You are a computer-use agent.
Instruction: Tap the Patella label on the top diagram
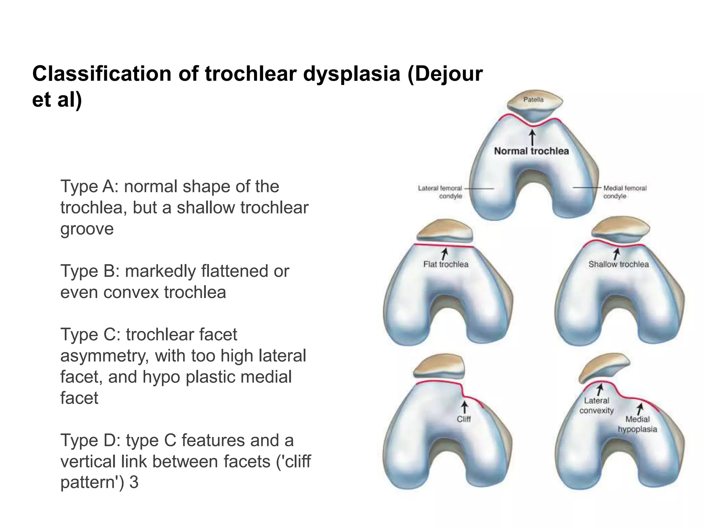click(x=533, y=100)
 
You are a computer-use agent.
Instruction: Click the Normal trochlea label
click(x=532, y=151)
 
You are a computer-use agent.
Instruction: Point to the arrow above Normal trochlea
click(x=533, y=137)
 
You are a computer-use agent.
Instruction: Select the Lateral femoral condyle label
click(x=440, y=192)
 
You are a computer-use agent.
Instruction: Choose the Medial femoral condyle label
click(x=625, y=192)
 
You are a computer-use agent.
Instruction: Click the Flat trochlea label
click(x=446, y=264)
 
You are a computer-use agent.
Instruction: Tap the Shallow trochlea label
click(x=618, y=264)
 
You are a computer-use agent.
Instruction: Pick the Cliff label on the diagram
click(x=464, y=419)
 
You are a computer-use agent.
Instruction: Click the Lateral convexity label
click(x=597, y=405)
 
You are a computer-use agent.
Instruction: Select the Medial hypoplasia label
click(x=637, y=424)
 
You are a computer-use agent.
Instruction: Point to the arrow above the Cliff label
click(x=464, y=407)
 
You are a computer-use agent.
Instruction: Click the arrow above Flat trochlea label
click(x=445, y=253)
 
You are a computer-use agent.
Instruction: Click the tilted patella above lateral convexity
click(x=604, y=367)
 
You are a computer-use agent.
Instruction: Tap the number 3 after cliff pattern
click(x=134, y=482)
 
